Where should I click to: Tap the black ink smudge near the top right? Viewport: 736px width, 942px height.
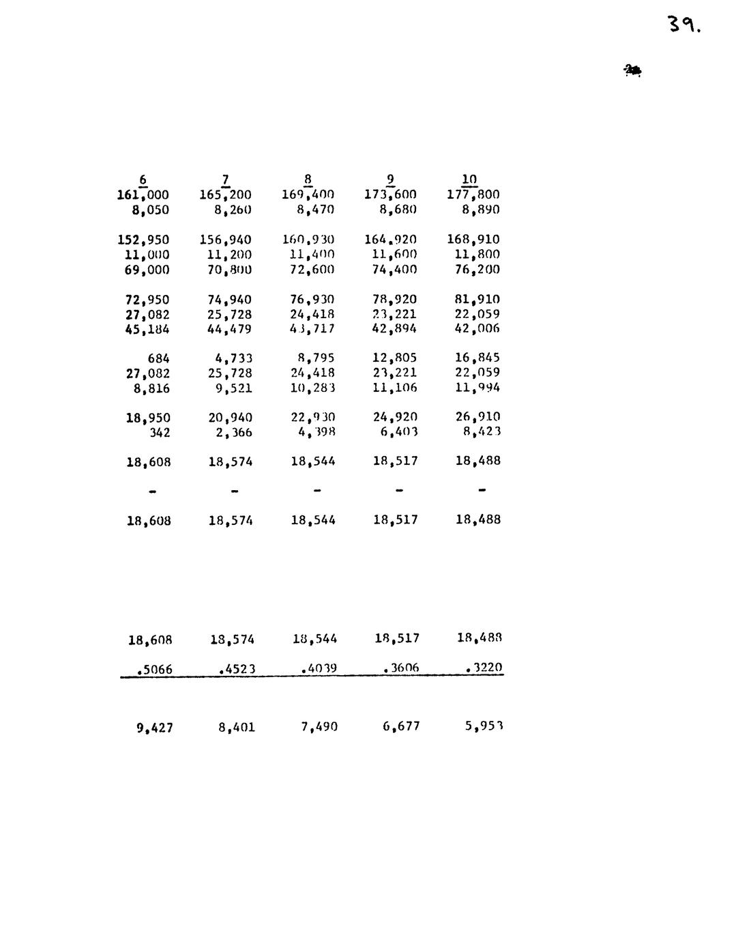(632, 70)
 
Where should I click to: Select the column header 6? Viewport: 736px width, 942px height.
(143, 180)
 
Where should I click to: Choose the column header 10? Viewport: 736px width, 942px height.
(469, 180)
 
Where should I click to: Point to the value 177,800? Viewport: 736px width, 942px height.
(473, 195)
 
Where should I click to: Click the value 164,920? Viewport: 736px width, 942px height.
(390, 240)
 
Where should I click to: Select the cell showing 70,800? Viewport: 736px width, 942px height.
(229, 270)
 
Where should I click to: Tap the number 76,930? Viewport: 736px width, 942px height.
(312, 300)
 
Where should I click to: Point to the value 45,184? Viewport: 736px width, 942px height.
(147, 330)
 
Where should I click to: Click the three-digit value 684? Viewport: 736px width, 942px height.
(158, 359)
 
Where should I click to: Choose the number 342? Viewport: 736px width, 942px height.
(160, 433)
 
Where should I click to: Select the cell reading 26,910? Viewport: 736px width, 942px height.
(477, 417)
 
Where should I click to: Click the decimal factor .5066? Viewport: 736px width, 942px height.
(154, 670)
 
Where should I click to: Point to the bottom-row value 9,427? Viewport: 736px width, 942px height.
(154, 728)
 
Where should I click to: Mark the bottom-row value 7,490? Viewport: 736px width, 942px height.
(319, 727)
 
